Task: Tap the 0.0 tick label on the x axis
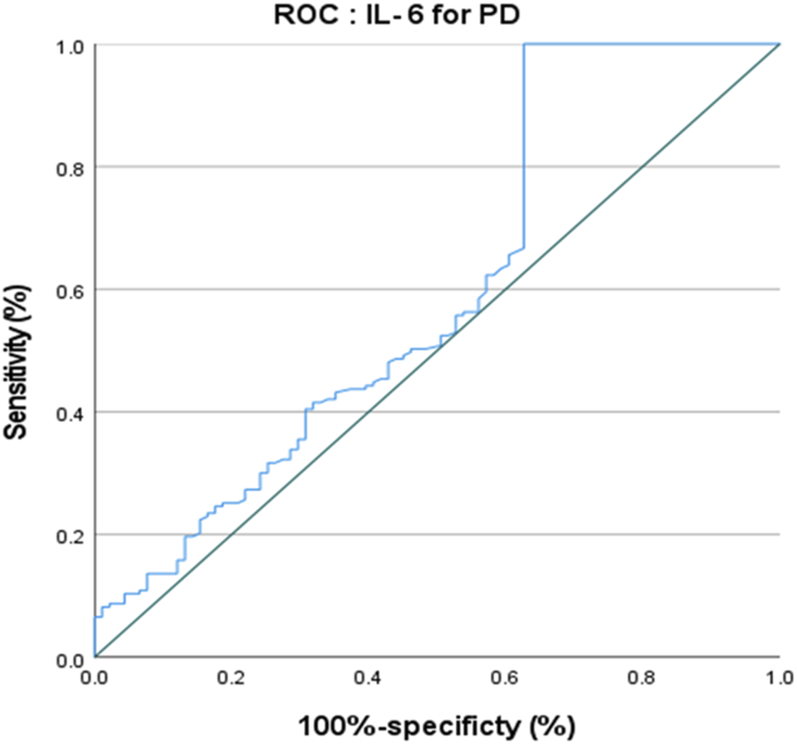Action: [95, 677]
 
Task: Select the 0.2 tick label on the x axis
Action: [231, 677]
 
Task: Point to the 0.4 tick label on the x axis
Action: [368, 677]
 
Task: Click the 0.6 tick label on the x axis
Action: [505, 677]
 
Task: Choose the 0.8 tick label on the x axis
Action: [642, 677]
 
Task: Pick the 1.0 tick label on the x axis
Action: [778, 677]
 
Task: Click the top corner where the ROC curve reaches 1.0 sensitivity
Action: [524, 45]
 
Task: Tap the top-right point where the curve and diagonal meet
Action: [778, 45]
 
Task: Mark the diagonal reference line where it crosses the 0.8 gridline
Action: [642, 167]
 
